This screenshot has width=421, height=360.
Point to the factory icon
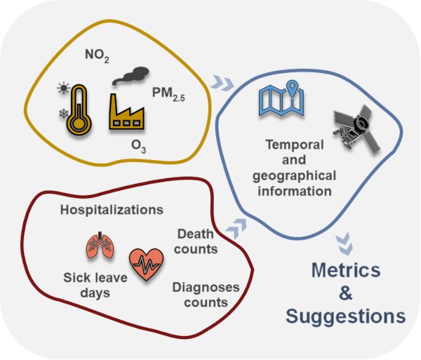point(131,112)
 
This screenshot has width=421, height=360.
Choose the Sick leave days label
point(88,285)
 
